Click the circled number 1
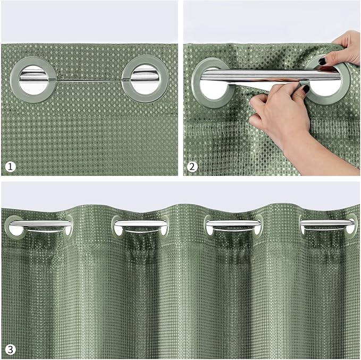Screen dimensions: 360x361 [x=10, y=167]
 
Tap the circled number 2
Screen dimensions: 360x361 [x=192, y=167]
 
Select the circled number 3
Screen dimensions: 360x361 [x=10, y=349]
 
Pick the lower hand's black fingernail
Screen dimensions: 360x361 [x=306, y=89]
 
